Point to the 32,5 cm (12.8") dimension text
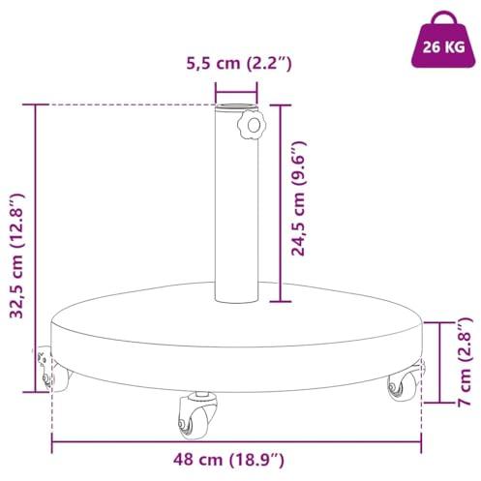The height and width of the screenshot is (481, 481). (18, 247)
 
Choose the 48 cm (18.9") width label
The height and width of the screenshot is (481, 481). (238, 460)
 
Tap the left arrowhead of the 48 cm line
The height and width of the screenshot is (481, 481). (53, 438)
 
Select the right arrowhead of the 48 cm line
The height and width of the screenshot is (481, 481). (422, 438)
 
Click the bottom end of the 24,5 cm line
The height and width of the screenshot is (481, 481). (281, 300)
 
